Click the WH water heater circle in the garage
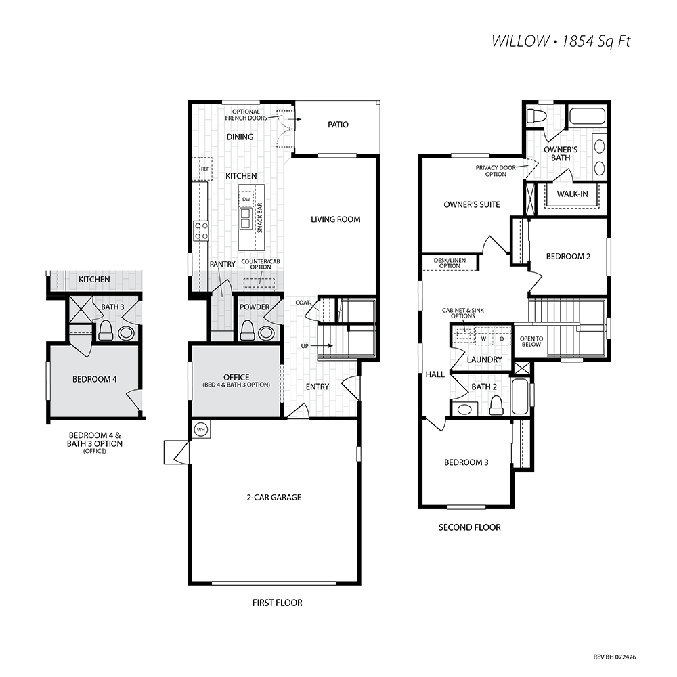click(x=201, y=430)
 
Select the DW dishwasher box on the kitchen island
click(x=246, y=199)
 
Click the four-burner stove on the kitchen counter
click(x=201, y=231)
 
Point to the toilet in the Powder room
click(x=248, y=330)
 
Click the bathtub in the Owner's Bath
click(x=587, y=116)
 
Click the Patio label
click(x=338, y=125)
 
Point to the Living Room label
click(x=336, y=219)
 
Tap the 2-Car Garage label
click(x=274, y=498)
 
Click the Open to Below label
click(x=531, y=341)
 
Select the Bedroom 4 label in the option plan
click(x=95, y=380)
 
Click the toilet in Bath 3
click(x=106, y=331)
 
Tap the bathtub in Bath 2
click(x=520, y=396)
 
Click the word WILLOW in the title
click(x=520, y=41)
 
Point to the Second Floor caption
click(x=470, y=527)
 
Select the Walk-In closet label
click(x=572, y=194)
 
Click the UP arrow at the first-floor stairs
click(x=322, y=345)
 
